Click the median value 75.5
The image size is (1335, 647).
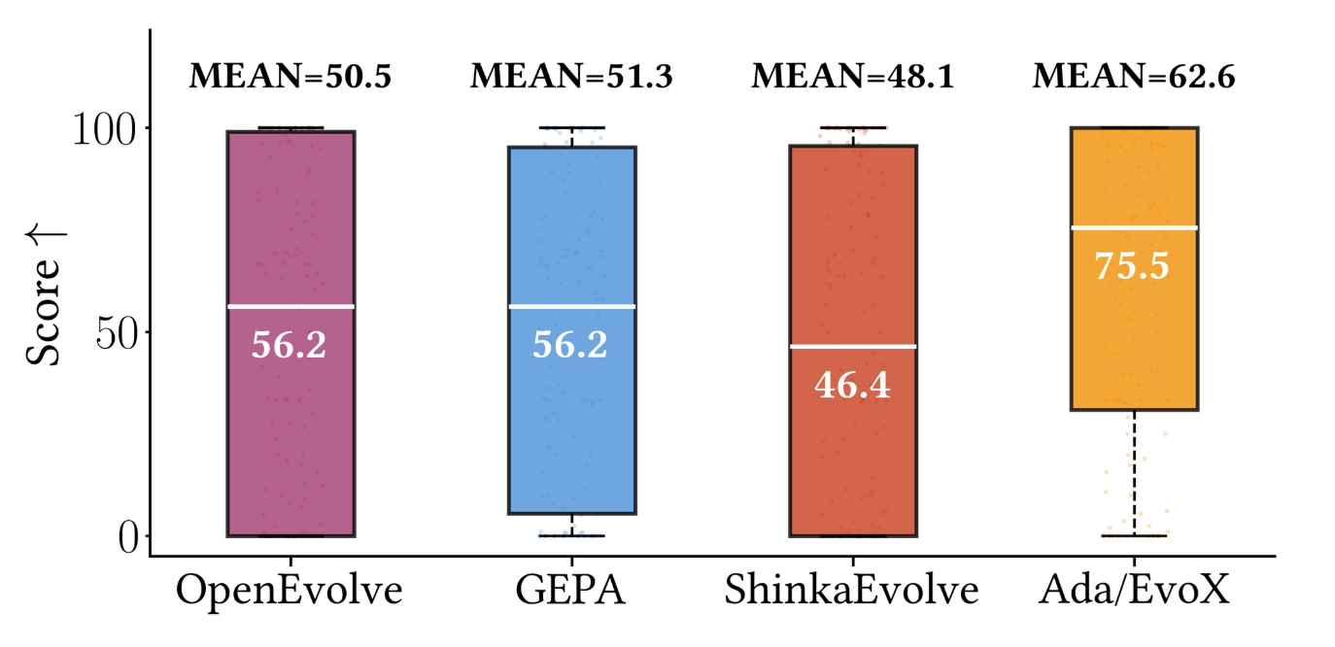(x=1133, y=266)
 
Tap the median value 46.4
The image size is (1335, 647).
(x=852, y=386)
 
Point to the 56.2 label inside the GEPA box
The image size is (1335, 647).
(x=570, y=345)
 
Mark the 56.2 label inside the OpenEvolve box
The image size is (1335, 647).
(x=289, y=345)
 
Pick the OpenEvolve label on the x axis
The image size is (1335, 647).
(x=290, y=592)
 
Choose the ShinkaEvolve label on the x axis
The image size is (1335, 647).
(x=852, y=592)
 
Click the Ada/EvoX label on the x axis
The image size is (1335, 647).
(x=1133, y=592)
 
